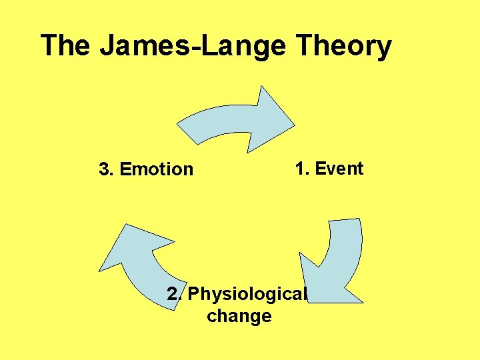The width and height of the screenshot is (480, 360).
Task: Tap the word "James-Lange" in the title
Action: point(193,47)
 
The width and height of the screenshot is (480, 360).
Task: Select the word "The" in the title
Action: point(66,45)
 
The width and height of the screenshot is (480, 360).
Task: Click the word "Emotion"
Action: point(157,169)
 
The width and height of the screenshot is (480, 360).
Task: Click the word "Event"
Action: point(339,169)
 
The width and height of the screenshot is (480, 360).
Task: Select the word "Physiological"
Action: point(248,294)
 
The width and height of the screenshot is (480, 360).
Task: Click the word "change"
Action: point(239,315)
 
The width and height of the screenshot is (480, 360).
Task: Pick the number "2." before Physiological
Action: point(175,294)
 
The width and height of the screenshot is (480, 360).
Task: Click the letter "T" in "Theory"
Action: point(303,47)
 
